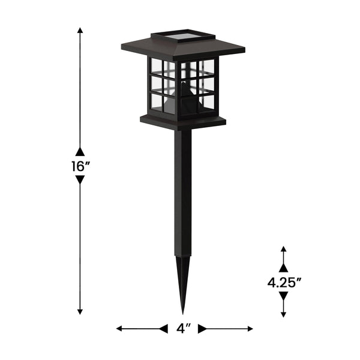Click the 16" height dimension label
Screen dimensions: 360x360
point(80,167)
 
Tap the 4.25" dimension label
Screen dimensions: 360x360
point(284,283)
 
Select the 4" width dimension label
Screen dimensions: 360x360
point(184,329)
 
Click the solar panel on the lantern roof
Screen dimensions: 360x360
point(182,38)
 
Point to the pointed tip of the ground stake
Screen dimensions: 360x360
point(183,311)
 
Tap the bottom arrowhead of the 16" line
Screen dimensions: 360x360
point(80,311)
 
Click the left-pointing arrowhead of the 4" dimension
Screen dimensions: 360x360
point(119,329)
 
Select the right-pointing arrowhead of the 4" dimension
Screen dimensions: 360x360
point(250,329)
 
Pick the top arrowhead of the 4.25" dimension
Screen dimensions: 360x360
point(284,248)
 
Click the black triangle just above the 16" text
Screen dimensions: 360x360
point(80,152)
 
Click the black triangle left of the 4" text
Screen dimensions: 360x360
point(163,329)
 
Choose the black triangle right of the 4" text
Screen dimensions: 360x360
point(203,329)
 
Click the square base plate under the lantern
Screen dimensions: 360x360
point(183,121)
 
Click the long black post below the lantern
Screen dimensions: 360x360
point(183,192)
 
